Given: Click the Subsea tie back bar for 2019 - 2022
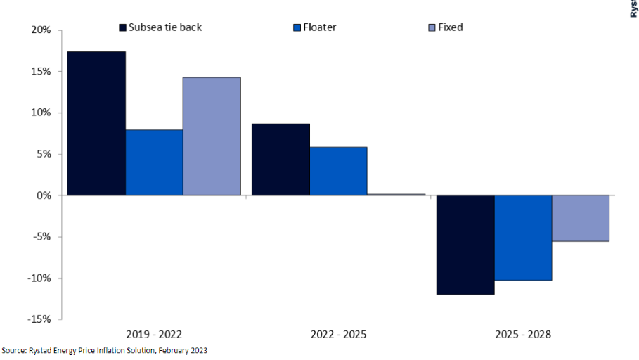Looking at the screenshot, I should [x=96, y=123].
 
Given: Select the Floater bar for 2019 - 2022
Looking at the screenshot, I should [x=154, y=162].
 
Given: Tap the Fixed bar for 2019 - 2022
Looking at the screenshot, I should [x=212, y=136].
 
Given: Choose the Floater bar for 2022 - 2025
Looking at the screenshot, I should [x=338, y=171].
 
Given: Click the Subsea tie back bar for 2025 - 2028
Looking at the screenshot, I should [x=465, y=245].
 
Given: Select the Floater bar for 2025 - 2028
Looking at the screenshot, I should [x=523, y=238].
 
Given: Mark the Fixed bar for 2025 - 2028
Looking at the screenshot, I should [x=581, y=218].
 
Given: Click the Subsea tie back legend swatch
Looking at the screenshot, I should [x=122, y=27].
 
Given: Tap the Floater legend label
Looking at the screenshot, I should [x=320, y=27].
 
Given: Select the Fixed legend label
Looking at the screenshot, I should [x=451, y=27].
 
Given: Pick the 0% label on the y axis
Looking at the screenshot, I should [x=44, y=195].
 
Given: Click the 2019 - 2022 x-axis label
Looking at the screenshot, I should [x=154, y=335].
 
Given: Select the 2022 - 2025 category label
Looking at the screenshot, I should [x=338, y=335].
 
